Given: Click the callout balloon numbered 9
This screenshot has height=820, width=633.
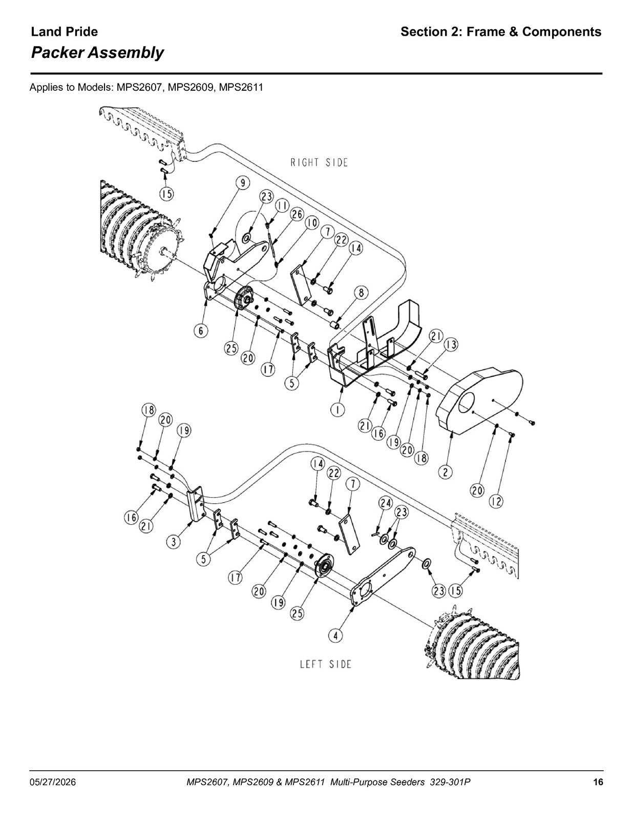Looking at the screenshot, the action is pyautogui.click(x=243, y=183).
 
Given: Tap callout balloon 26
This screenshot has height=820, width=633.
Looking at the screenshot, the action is pyautogui.click(x=297, y=214).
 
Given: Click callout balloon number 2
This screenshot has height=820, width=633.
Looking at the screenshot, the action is pyautogui.click(x=446, y=472).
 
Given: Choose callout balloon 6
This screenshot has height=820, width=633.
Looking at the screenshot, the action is pyautogui.click(x=201, y=331).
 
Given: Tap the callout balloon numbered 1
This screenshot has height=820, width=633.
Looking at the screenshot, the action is pyautogui.click(x=338, y=409).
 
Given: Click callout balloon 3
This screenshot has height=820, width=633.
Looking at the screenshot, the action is pyautogui.click(x=174, y=542).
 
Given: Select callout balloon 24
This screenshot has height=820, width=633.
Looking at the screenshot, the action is pyautogui.click(x=386, y=503).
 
